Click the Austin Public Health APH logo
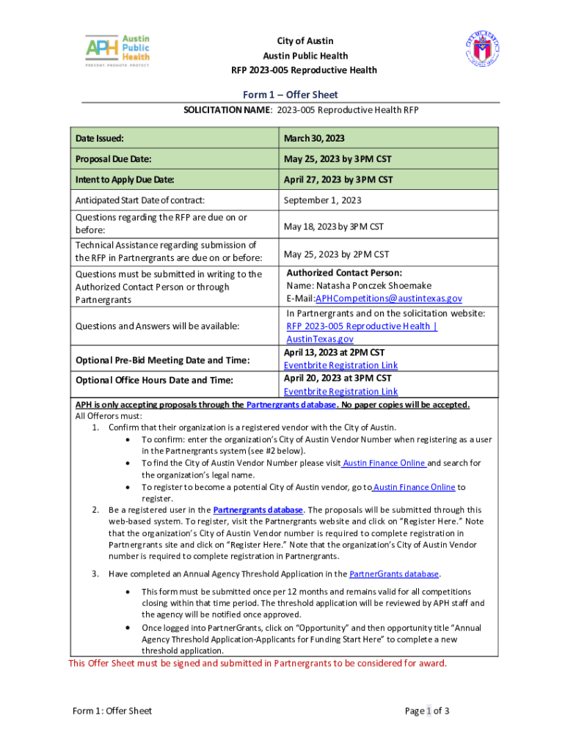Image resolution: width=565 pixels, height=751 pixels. [x=118, y=51]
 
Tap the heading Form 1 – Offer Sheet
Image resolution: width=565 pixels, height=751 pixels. [x=291, y=95]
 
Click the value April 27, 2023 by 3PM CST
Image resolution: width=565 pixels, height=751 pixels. [x=338, y=179]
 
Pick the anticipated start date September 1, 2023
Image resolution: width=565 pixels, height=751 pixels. [x=322, y=199]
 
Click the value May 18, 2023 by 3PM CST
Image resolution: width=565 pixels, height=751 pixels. [x=333, y=227]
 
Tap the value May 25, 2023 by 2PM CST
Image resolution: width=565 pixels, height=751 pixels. [x=336, y=254]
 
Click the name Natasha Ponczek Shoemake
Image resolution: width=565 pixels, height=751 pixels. [x=359, y=285]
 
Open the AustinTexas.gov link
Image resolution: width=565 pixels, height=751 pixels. [x=319, y=339]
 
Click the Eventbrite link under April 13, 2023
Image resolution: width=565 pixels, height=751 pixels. [x=340, y=365]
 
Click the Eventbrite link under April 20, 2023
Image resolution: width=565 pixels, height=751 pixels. [x=340, y=392]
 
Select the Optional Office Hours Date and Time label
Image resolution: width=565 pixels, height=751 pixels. [x=155, y=380]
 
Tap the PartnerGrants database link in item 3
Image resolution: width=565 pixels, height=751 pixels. [x=394, y=574]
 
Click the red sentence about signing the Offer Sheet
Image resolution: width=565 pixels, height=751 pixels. [x=257, y=664]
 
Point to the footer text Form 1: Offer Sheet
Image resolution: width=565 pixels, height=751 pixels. [x=112, y=711]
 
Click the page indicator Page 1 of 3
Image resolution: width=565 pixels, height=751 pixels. [x=427, y=711]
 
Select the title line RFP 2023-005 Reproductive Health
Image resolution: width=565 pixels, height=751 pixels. [x=305, y=70]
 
